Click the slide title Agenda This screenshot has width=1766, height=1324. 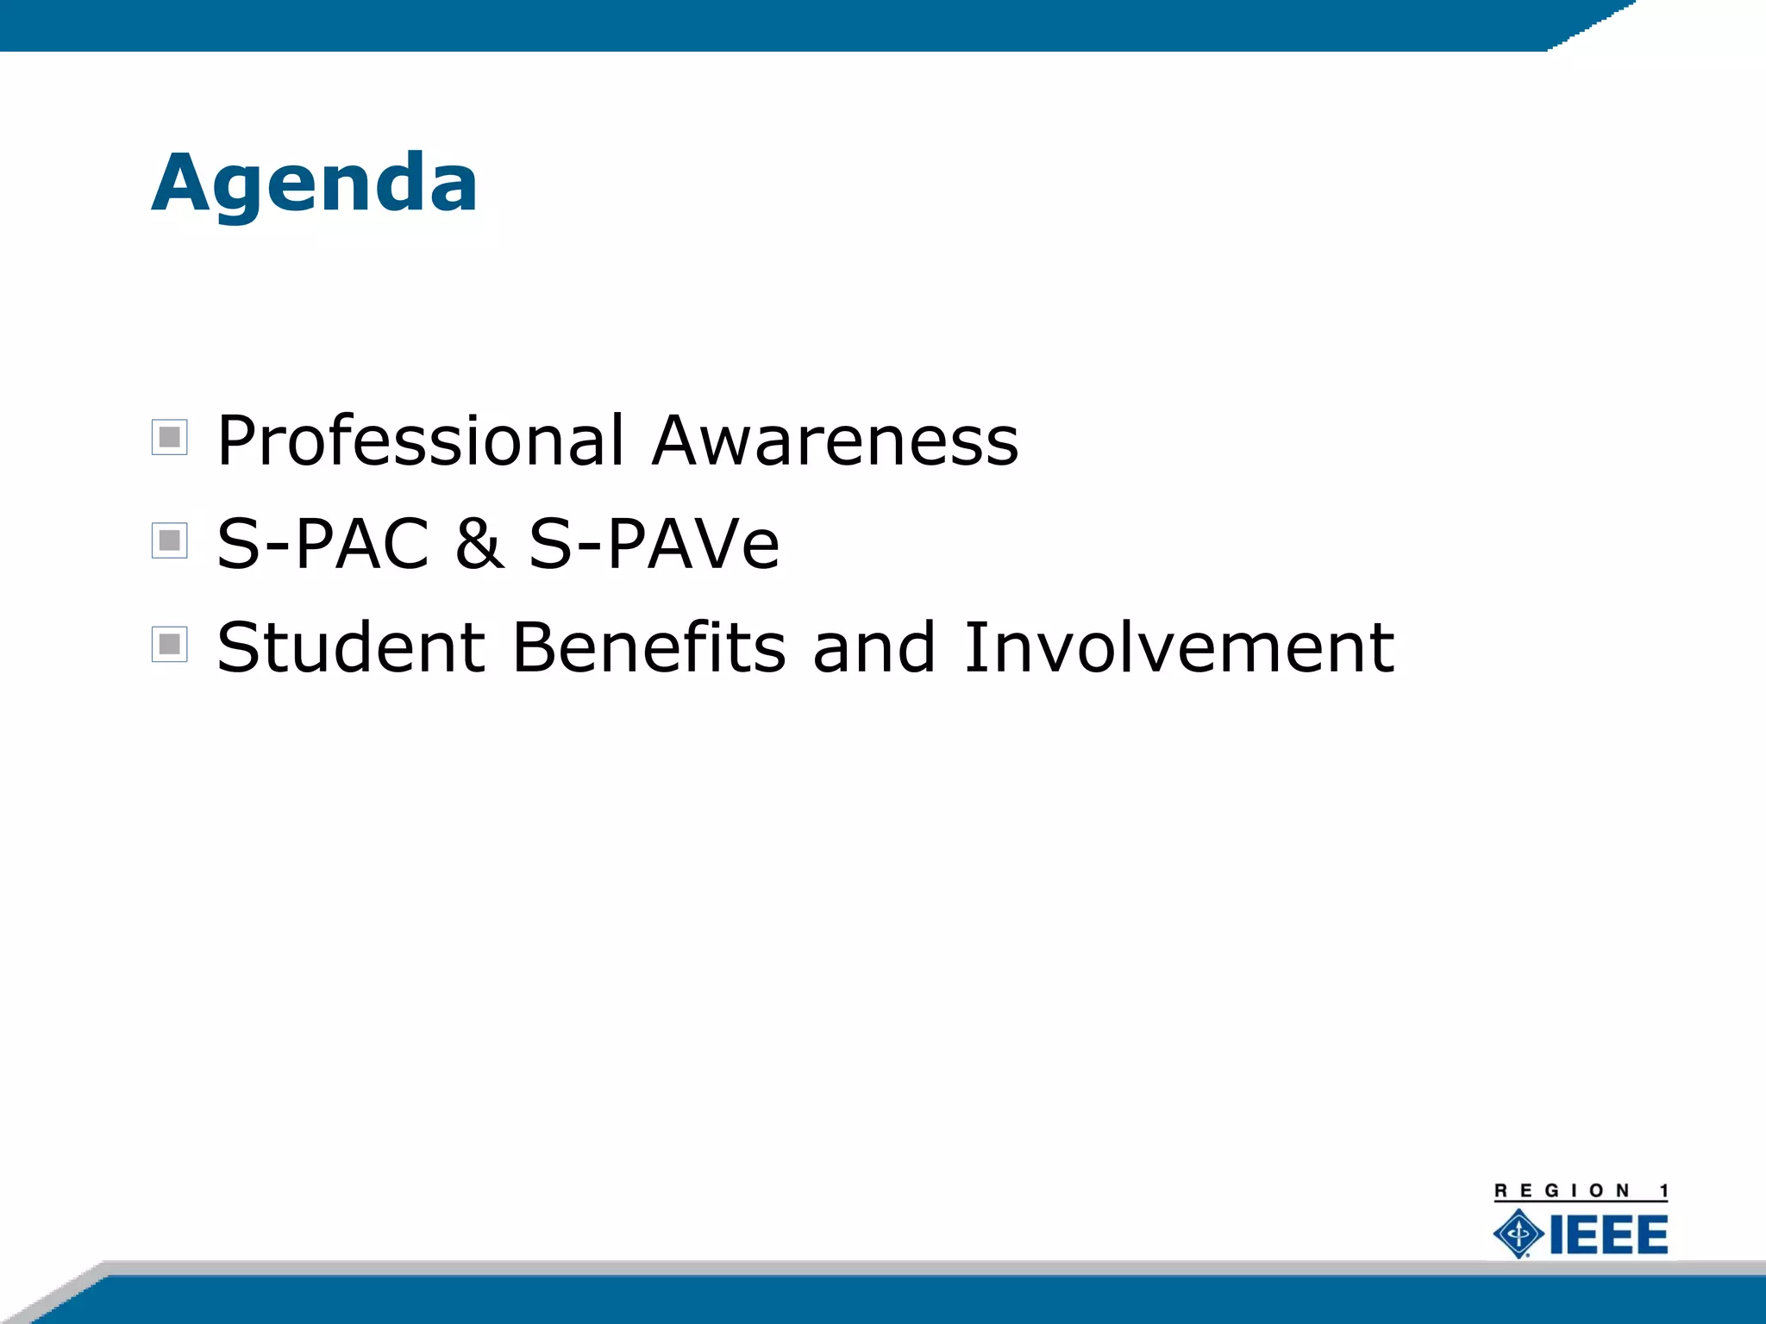pyautogui.click(x=315, y=183)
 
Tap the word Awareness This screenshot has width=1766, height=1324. pyautogui.click(x=835, y=440)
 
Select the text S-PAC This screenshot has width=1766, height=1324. pyautogui.click(x=323, y=544)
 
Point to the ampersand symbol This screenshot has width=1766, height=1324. pyautogui.click(x=479, y=544)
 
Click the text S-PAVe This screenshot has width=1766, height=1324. pyautogui.click(x=654, y=544)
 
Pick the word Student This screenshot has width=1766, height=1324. pyautogui.click(x=351, y=646)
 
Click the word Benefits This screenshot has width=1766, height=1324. pyautogui.click(x=648, y=646)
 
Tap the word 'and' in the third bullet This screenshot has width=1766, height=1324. pyautogui.click(x=874, y=648)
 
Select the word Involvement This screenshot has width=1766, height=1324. pyautogui.click(x=1178, y=646)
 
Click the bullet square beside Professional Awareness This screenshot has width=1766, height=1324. pyautogui.click(x=170, y=437)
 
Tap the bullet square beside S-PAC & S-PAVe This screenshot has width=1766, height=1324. pyautogui.click(x=170, y=540)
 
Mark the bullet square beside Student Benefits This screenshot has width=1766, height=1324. pyautogui.click(x=170, y=644)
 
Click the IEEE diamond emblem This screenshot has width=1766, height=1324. pyautogui.click(x=1519, y=1233)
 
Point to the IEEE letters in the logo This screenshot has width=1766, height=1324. pyautogui.click(x=1609, y=1234)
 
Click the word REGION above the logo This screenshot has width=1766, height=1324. pyautogui.click(x=1562, y=1191)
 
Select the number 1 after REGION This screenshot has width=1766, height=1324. pyautogui.click(x=1663, y=1191)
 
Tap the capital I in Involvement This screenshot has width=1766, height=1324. pyautogui.click(x=975, y=646)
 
